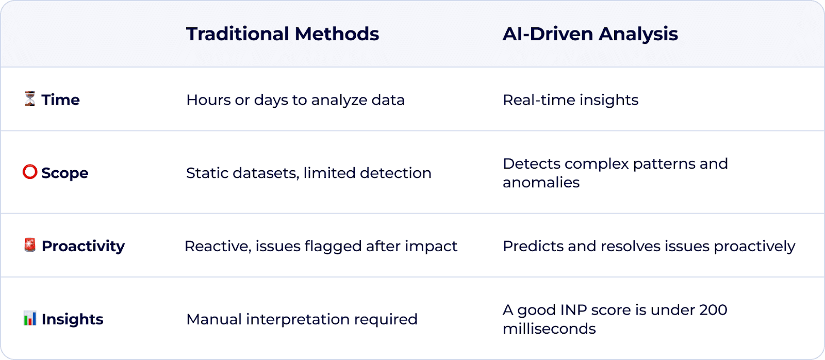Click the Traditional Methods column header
pos(283,34)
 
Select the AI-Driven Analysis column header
pos(590,34)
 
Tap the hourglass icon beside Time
pos(30,99)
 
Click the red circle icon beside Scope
pos(30,172)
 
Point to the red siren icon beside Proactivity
pos(30,245)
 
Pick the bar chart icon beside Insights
pos(30,318)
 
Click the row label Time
pos(60,100)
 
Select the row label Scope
pos(64,173)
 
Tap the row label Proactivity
pos(83,246)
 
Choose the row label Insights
pos(72,319)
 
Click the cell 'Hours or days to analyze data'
pos(295,100)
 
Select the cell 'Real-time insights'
pos(570,100)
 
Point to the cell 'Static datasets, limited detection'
pos(308,173)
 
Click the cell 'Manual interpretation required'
pos(302,319)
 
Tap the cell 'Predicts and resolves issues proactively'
pos(649,246)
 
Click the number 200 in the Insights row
pos(713,310)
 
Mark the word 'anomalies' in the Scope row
pos(541,183)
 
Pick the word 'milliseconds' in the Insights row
pos(549,329)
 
